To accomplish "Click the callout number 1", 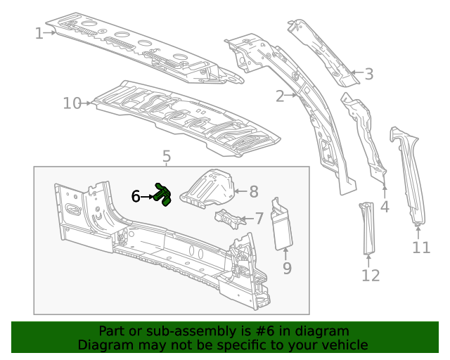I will click(39, 32).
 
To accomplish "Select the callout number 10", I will click(72, 103).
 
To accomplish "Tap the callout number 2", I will click(280, 96).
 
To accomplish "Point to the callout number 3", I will click(368, 74).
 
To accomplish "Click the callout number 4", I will click(385, 207).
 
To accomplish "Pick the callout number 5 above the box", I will click(167, 155).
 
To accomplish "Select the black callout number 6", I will click(136, 197).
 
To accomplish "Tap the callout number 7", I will click(259, 219).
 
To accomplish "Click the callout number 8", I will click(254, 191).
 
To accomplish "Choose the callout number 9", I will click(287, 267).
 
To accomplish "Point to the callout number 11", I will click(420, 247).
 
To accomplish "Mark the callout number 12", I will click(370, 275).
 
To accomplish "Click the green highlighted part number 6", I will click(163, 195).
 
